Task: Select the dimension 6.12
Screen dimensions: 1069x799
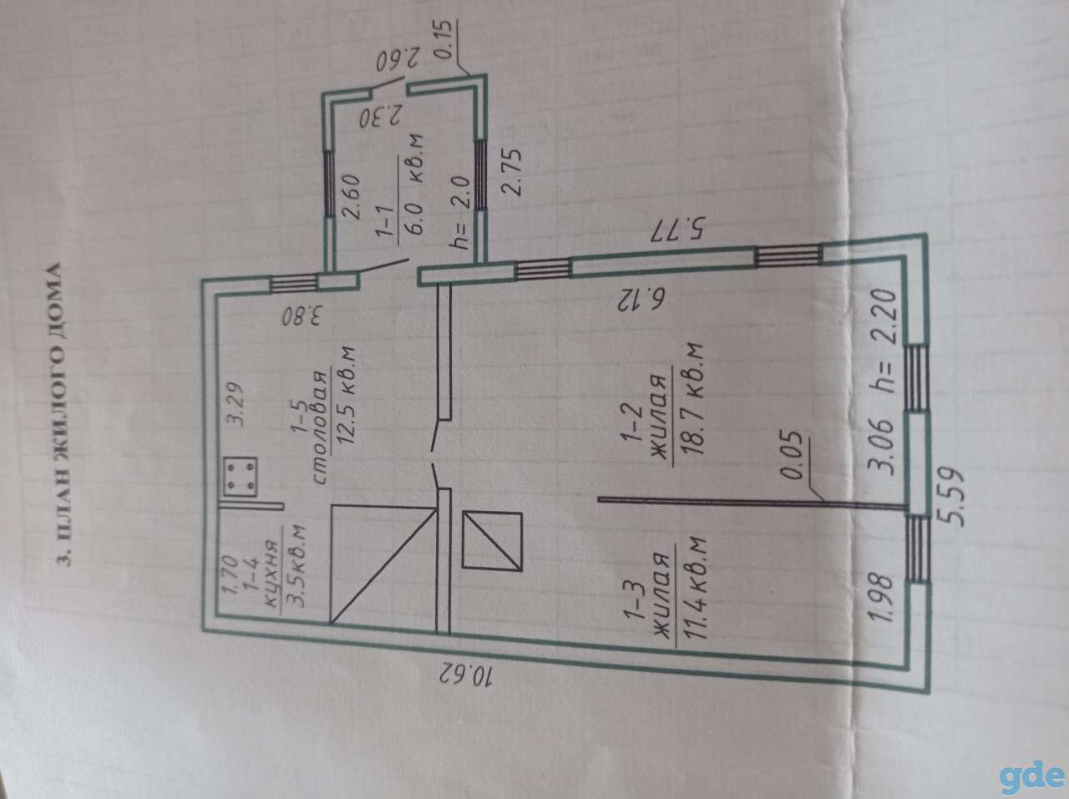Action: [640, 301]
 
